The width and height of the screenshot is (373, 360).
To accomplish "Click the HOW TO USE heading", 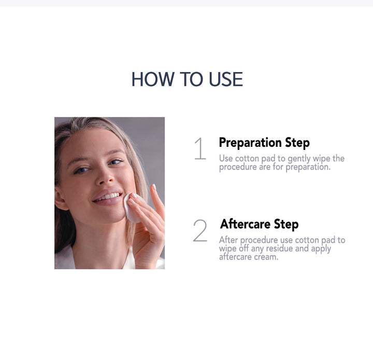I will pos(187,79).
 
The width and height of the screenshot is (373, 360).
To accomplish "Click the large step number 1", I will pos(200,149).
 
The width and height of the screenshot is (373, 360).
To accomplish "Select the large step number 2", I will pos(200,231).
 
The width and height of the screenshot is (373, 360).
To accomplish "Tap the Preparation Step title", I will pos(264,143).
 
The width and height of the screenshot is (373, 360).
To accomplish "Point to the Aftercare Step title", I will pos(259,224).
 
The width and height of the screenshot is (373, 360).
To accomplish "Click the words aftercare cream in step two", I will pos(249,257).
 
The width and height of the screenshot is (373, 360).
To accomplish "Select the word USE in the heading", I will pos(226,79).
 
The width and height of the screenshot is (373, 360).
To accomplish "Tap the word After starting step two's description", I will pos(228,240).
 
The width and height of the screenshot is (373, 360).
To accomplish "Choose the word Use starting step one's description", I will pos(226,158).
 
